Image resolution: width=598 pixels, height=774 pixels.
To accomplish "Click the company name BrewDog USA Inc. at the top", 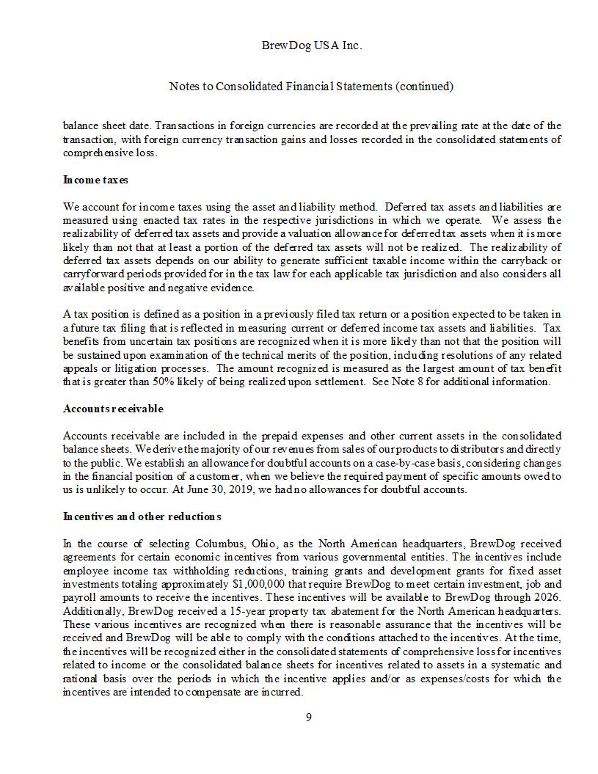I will pyautogui.click(x=311, y=45).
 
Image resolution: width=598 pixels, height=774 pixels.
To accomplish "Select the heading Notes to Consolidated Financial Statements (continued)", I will pyautogui.click(x=311, y=86).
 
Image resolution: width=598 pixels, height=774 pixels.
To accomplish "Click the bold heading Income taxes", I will pyautogui.click(x=96, y=180).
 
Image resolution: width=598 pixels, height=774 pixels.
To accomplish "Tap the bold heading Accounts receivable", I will pyautogui.click(x=113, y=409).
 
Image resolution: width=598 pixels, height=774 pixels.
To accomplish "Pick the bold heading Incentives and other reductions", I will pyautogui.click(x=142, y=516).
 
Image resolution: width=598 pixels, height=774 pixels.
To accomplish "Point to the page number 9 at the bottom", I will pyautogui.click(x=308, y=718).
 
